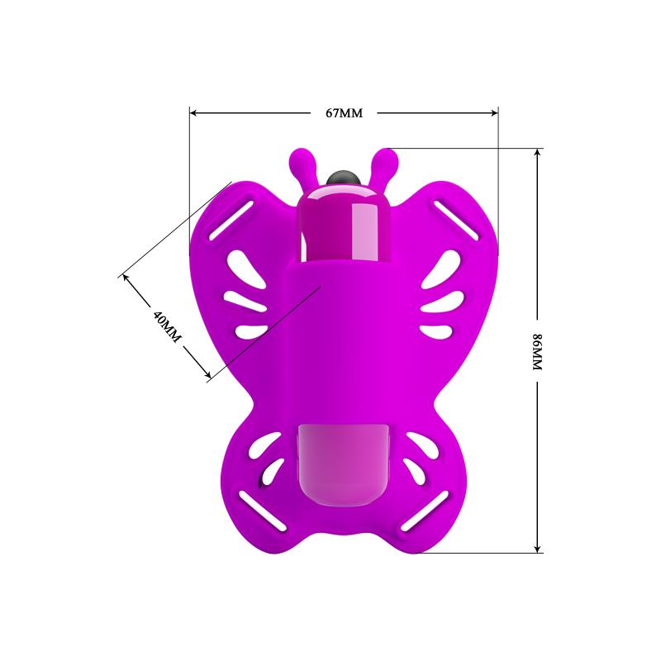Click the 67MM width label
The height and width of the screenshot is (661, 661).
point(345,113)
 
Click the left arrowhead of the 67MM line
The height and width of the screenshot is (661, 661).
point(194,113)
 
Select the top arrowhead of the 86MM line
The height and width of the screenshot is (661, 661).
point(538,154)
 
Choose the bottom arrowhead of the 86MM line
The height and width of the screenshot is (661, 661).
point(538,547)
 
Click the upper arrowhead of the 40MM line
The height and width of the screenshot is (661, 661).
point(126,277)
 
